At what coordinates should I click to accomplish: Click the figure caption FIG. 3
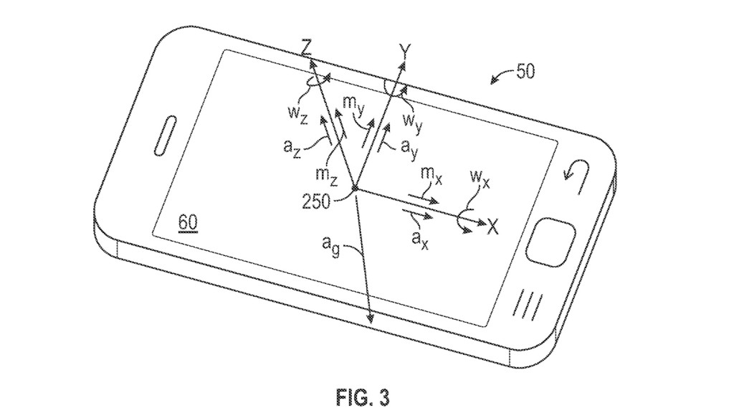(364, 395)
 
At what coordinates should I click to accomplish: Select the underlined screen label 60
(188, 223)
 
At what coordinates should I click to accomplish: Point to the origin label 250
(315, 201)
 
